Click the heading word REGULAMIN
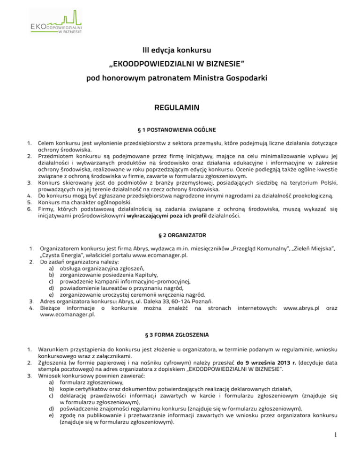coord(180,108)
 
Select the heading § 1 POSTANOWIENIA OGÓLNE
coord(180,130)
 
